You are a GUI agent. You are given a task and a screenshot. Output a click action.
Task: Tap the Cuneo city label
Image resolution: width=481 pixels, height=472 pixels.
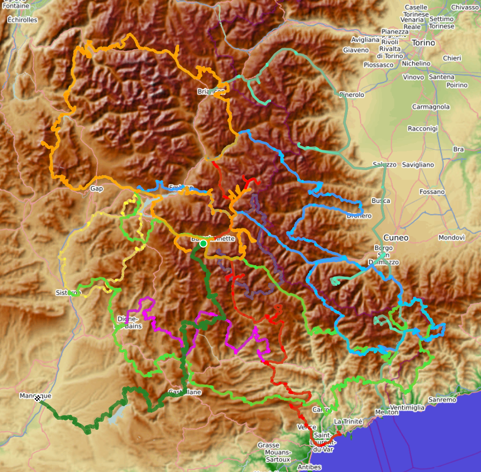pos(396,238)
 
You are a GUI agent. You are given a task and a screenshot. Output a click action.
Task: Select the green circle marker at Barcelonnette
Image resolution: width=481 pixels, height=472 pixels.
pos(203,244)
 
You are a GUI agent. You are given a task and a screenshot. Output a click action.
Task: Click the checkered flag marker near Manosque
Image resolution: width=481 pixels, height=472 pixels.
pos(38,398)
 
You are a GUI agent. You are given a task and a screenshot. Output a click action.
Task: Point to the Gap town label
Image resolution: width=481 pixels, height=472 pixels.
pos(96,189)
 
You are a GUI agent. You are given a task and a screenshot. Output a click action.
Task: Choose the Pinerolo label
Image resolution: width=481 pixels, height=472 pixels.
pos(351,94)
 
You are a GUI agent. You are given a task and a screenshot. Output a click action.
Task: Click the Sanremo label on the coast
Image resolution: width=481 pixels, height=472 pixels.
pos(442,400)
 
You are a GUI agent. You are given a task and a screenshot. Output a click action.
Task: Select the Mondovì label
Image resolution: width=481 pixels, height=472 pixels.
pos(451,237)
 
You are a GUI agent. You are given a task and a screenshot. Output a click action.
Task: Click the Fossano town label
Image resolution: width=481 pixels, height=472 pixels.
pos(432,192)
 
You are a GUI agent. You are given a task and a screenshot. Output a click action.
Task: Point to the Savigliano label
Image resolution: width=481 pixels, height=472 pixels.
pos(418,165)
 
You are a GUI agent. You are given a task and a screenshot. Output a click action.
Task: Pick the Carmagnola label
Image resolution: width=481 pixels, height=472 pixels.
pos(431,107)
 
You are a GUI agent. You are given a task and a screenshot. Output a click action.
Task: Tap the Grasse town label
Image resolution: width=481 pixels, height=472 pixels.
pos(268,445)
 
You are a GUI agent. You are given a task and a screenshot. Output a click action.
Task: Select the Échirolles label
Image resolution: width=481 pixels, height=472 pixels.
pos(23,20)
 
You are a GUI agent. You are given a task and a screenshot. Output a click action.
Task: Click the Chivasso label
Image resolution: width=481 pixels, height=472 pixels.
pos(465,8)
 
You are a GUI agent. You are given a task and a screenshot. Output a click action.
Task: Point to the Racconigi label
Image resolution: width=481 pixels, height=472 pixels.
pos(423,129)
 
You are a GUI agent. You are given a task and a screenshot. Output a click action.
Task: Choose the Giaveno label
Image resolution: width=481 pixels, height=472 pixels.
pos(356,50)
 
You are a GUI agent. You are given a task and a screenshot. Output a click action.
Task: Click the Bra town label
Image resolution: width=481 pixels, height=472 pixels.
pos(458,149)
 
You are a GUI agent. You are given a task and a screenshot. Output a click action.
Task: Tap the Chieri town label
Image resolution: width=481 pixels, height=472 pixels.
pos(452,58)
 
